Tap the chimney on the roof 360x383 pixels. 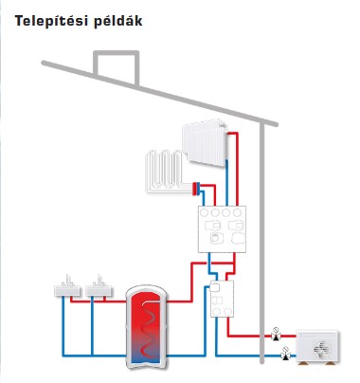click(x=113, y=64)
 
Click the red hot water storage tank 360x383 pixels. click(x=148, y=327)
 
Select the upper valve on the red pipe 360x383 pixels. click(x=274, y=334)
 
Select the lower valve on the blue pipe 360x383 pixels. click(x=285, y=355)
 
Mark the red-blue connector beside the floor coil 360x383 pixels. click(x=196, y=188)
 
